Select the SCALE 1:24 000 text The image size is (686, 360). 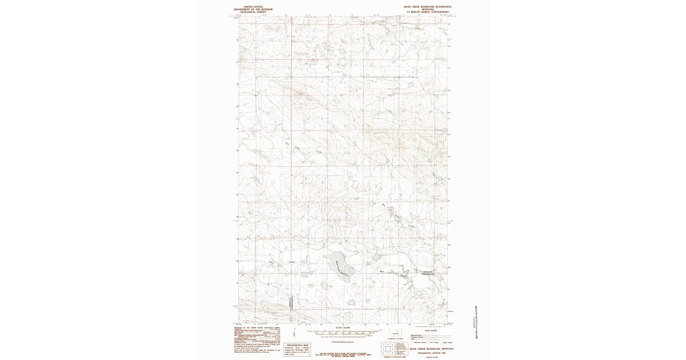coord(342,327)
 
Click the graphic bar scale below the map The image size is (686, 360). coord(342,332)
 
